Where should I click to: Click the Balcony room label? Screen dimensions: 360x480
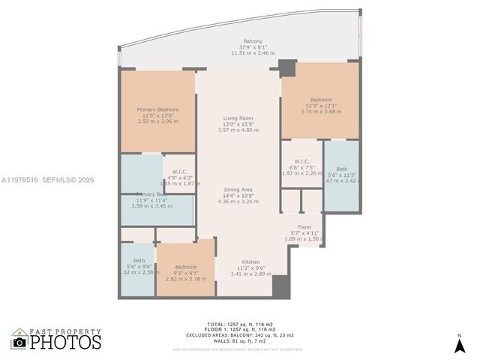point(253,40)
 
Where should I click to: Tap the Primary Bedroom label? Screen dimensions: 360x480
point(157,109)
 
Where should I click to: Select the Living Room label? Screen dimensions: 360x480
point(238,118)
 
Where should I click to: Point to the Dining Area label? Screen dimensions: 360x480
point(236,189)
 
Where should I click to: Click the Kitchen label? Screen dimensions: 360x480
point(250,262)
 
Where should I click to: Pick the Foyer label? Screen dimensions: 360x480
point(304,226)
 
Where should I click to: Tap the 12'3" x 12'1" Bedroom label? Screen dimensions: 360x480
point(321,99)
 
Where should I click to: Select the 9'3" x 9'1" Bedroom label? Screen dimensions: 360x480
point(186,267)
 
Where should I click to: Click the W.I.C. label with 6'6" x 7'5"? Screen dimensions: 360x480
point(302,161)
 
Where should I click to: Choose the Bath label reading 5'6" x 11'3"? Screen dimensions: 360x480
point(342,169)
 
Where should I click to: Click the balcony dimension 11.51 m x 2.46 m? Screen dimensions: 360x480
point(253,53)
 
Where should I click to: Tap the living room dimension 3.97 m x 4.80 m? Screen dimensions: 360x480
point(238,130)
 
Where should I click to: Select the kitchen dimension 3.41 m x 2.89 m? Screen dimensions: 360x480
point(250,274)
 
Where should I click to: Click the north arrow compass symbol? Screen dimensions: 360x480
point(459,344)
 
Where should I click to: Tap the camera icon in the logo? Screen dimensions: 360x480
point(19,342)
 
